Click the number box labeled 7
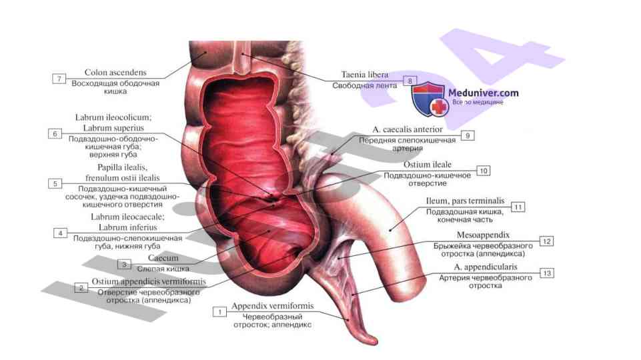point(59,79)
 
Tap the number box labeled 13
point(547,273)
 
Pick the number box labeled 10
point(483,171)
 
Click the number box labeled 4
point(60,233)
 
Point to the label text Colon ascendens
point(115,72)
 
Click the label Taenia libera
point(364,75)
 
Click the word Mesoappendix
point(484,235)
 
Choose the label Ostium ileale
point(428,164)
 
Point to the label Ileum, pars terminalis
point(465,201)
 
